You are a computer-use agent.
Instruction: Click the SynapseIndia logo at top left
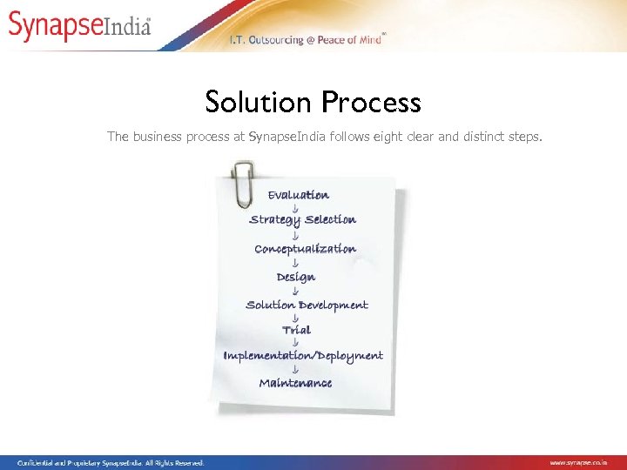80,26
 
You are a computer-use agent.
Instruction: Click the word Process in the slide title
371,103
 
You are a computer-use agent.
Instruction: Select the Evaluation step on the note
298,195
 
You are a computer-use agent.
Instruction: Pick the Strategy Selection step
302,220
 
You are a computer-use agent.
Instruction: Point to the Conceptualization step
305,249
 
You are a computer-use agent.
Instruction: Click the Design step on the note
296,277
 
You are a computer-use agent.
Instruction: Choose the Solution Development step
307,305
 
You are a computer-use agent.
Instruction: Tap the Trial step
296,330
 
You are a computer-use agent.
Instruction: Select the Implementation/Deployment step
303,356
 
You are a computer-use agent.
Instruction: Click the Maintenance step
295,383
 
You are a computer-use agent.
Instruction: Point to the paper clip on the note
241,182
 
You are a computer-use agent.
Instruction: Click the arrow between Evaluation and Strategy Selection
296,208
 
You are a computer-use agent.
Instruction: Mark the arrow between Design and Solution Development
296,291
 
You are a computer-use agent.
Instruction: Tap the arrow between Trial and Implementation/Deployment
296,343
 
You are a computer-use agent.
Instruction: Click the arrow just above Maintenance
296,370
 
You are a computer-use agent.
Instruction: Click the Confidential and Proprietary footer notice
111,463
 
